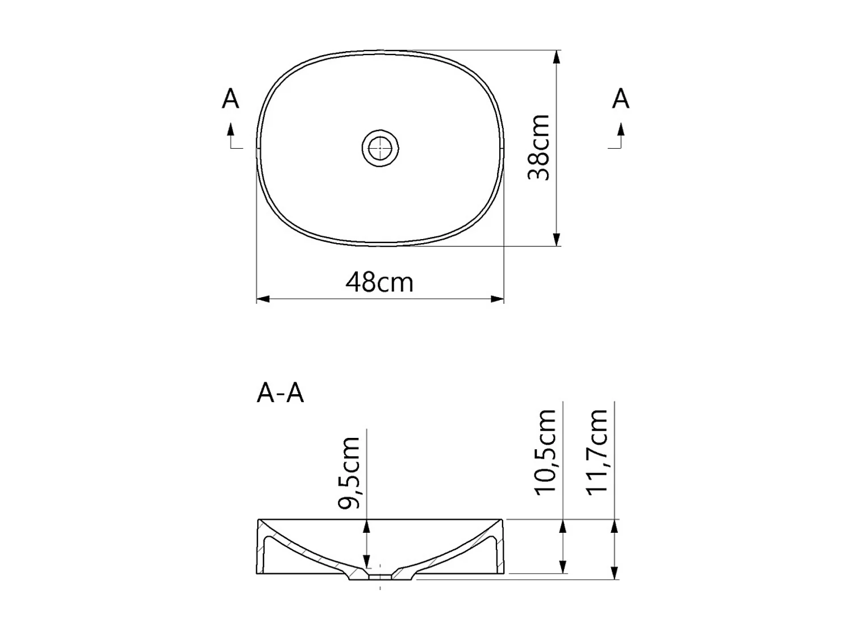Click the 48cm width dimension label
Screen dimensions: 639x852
pyautogui.click(x=379, y=282)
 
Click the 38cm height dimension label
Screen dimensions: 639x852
pyautogui.click(x=538, y=148)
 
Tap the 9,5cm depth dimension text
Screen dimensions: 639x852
pyautogui.click(x=348, y=473)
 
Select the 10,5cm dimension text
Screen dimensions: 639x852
pyautogui.click(x=545, y=452)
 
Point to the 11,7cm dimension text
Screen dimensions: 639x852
pyautogui.click(x=598, y=452)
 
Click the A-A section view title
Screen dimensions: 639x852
pyautogui.click(x=280, y=392)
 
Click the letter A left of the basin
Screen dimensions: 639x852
pyautogui.click(x=230, y=99)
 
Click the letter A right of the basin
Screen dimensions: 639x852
pyautogui.click(x=620, y=99)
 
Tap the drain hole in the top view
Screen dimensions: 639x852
pyautogui.click(x=380, y=148)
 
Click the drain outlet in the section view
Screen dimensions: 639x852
pyautogui.click(x=380, y=577)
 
